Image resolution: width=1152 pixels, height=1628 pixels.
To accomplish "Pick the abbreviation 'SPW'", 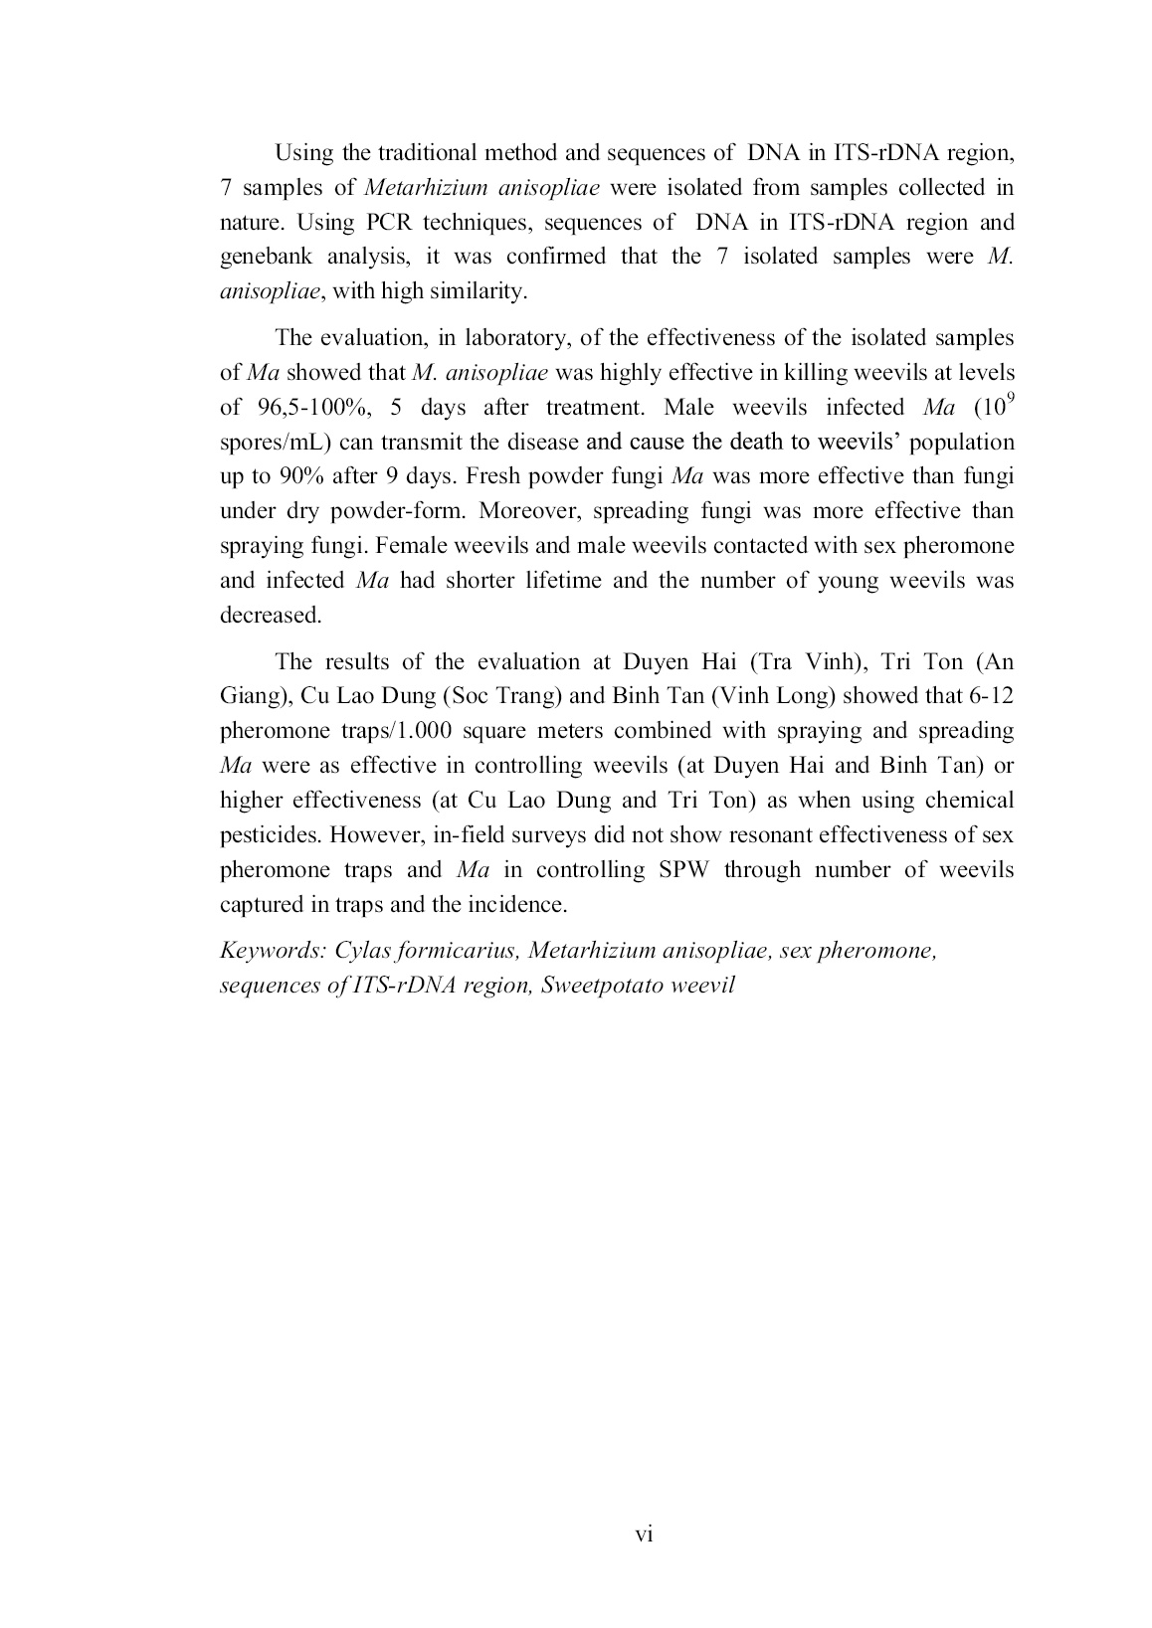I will coord(680,869).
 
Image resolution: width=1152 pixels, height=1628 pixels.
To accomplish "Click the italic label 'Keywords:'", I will coord(273,950).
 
